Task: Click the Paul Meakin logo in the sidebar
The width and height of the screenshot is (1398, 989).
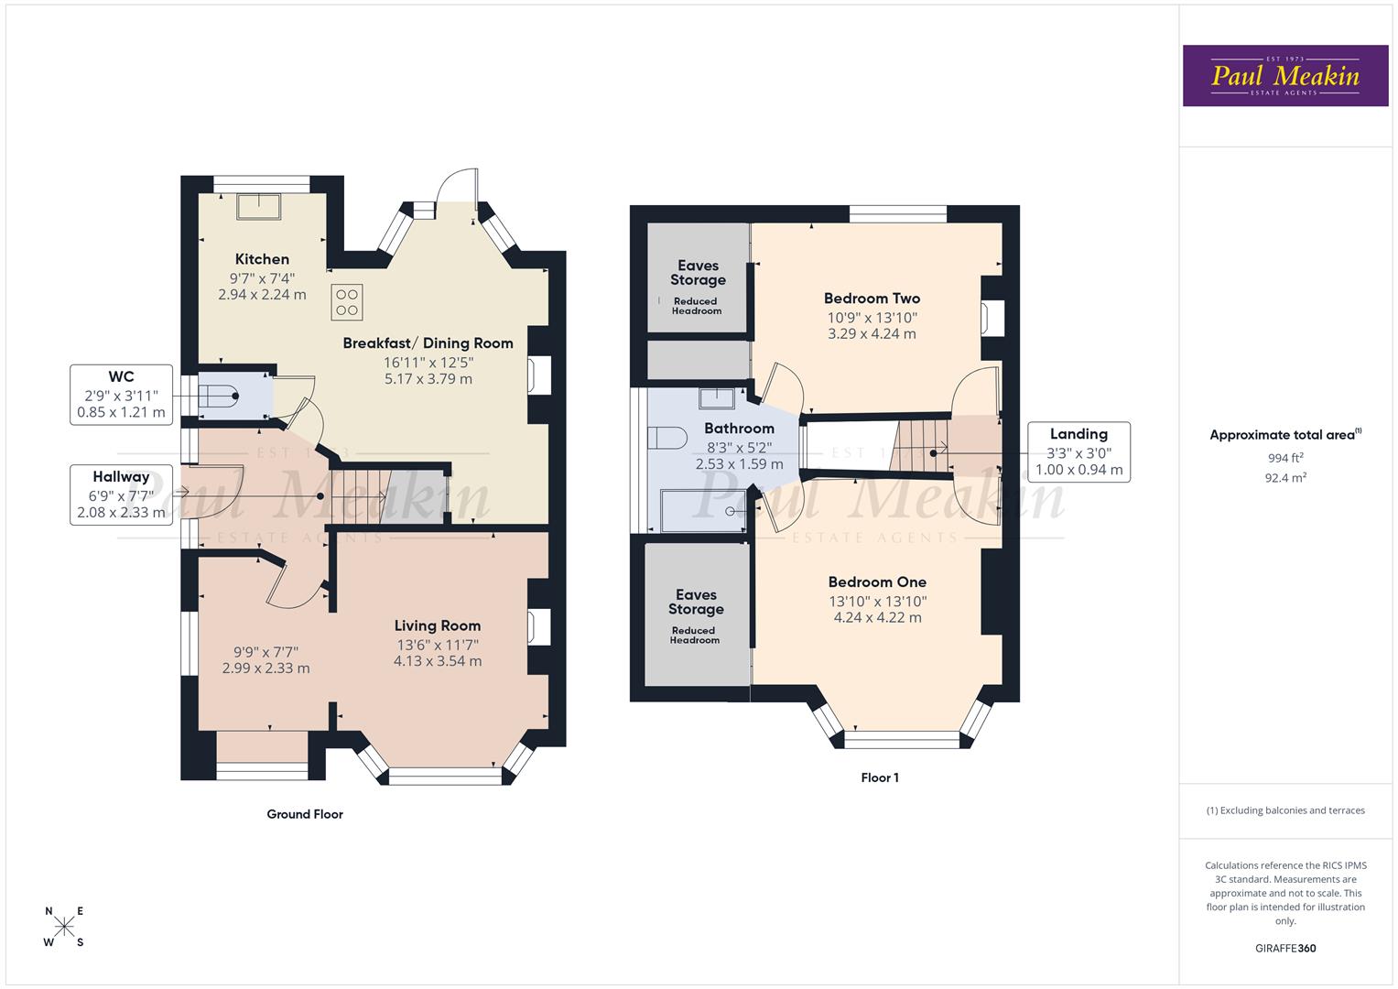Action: click(x=1284, y=76)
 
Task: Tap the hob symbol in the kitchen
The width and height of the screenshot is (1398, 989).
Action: click(x=347, y=302)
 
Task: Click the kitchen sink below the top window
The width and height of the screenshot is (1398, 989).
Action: click(x=261, y=206)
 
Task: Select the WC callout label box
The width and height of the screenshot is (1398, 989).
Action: click(x=121, y=395)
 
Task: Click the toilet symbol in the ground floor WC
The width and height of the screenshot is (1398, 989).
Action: click(x=221, y=397)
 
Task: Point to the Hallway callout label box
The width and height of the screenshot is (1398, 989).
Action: click(x=121, y=494)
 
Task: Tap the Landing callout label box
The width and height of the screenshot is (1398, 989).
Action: click(x=1078, y=451)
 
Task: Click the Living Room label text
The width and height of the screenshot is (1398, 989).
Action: click(x=437, y=625)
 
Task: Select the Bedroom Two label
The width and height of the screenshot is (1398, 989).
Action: click(x=872, y=298)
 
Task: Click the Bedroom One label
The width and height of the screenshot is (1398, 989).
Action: click(x=877, y=581)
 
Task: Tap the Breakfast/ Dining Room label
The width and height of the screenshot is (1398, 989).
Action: click(x=428, y=342)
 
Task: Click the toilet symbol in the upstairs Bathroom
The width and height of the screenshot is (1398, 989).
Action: click(x=666, y=438)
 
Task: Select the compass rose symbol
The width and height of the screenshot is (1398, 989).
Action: click(x=64, y=926)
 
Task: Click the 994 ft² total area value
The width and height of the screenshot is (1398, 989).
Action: click(x=1285, y=458)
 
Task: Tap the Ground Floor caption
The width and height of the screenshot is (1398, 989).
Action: click(x=305, y=813)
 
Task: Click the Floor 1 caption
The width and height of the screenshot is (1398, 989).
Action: click(x=879, y=777)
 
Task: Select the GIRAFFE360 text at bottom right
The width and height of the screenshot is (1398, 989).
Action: click(x=1284, y=948)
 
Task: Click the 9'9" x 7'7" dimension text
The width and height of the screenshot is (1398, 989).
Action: click(x=266, y=652)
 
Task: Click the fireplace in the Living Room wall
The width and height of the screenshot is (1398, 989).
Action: click(x=539, y=628)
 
